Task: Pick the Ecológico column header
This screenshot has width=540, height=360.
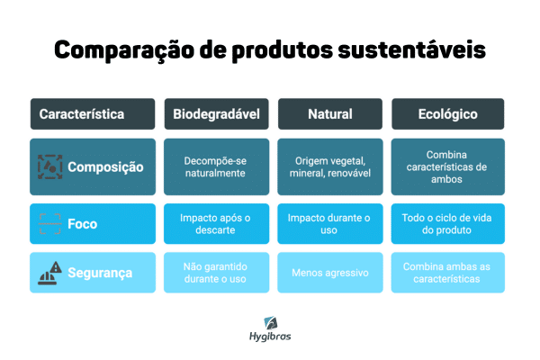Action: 447,114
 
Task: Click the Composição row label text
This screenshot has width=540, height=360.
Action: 105,166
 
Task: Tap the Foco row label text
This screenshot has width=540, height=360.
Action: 83,224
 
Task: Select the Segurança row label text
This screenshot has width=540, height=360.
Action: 100,273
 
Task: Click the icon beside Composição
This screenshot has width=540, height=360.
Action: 49,166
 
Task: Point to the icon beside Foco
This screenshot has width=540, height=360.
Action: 49,224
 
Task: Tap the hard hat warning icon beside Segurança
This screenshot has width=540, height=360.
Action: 49,273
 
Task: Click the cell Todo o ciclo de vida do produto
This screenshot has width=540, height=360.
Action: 447,224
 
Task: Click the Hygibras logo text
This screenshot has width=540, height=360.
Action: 270,337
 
